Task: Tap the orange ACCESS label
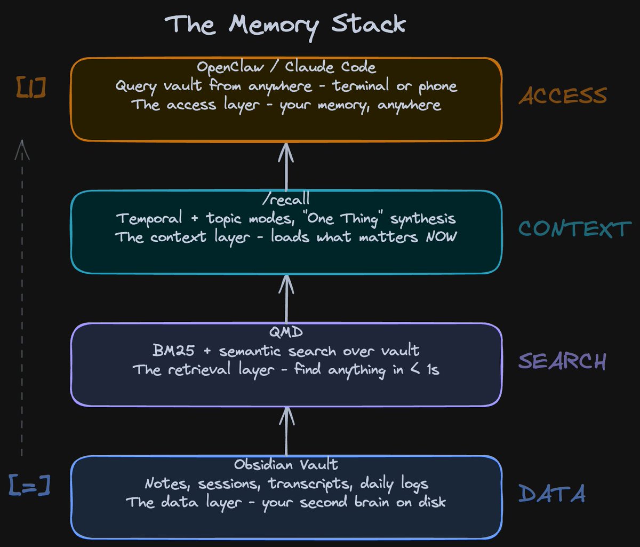pyautogui.click(x=563, y=96)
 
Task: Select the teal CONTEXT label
pyautogui.click(x=574, y=229)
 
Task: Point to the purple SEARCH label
pyautogui.click(x=562, y=362)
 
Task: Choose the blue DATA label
pyautogui.click(x=551, y=494)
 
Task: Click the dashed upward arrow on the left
pyautogui.click(x=21, y=299)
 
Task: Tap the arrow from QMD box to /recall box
pyautogui.click(x=286, y=299)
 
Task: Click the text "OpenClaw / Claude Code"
pyautogui.click(x=286, y=68)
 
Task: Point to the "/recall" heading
pyautogui.click(x=286, y=200)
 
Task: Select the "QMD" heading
pyautogui.click(x=286, y=332)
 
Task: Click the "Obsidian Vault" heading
pyautogui.click(x=286, y=465)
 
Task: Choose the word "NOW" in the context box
pyautogui.click(x=441, y=236)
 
